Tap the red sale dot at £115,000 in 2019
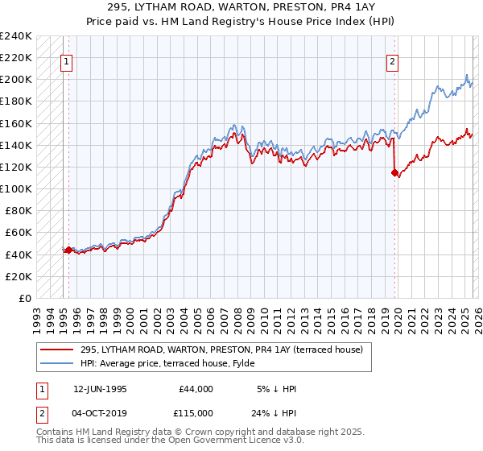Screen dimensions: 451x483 (x=394, y=172)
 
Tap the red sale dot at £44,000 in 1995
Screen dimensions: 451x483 (x=68, y=250)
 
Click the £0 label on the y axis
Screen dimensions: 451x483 (x=25, y=298)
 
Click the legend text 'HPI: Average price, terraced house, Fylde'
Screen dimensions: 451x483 (x=179, y=363)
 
